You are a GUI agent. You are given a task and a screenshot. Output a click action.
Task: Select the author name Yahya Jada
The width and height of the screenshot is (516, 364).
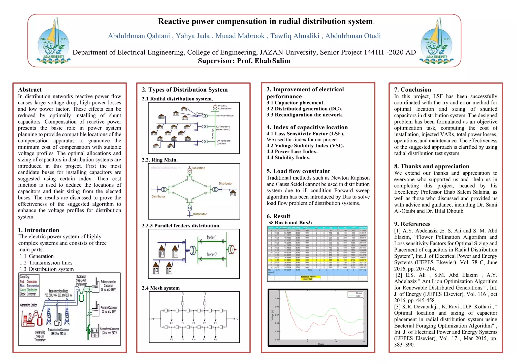point(192,36)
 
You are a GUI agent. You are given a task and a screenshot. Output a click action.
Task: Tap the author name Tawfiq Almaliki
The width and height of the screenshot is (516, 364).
point(295,36)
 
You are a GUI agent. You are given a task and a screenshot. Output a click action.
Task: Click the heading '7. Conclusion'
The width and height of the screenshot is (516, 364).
point(412,90)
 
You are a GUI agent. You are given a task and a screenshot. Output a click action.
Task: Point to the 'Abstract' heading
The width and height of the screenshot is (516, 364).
point(30,90)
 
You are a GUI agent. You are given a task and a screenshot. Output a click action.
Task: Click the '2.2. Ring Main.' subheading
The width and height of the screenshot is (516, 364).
point(160,160)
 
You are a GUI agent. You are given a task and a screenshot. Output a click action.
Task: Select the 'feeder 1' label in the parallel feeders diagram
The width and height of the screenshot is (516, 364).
point(212,237)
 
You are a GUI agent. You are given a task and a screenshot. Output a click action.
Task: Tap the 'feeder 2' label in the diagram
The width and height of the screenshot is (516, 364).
point(212,255)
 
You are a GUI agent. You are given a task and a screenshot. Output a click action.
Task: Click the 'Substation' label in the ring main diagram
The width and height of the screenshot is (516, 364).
point(198,168)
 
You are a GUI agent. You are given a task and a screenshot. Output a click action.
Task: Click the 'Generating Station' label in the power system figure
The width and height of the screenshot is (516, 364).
point(28,305)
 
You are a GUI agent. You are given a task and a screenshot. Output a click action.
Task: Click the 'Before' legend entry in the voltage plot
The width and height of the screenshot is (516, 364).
point(359,293)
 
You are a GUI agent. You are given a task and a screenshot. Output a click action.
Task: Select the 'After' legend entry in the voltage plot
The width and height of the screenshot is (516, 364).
point(358,296)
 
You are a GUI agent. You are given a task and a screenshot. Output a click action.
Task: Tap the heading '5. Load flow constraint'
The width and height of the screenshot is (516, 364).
point(298,171)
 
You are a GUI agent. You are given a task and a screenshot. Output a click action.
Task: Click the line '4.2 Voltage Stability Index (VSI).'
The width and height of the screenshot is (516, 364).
point(305,146)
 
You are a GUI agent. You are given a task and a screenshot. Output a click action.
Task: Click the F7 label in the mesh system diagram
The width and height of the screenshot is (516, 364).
point(237,319)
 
